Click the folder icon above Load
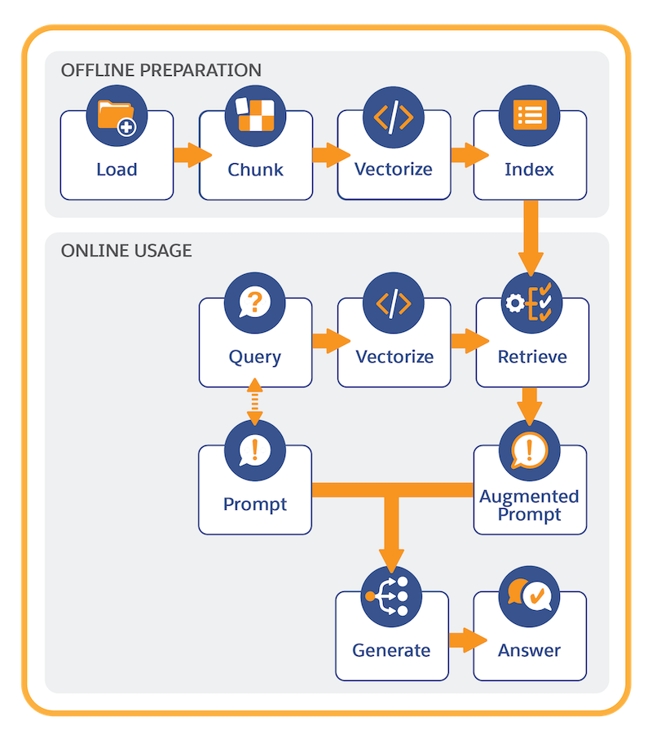pos(117,116)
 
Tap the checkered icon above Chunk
pos(255,116)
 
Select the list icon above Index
pos(529,116)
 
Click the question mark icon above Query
pos(254,303)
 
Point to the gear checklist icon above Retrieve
pos(531,303)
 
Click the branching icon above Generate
pos(391,596)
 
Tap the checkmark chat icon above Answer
pos(529,596)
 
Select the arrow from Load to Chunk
pos(192,155)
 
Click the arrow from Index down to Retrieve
pos(531,238)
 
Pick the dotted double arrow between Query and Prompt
pos(254,401)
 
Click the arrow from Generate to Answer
pos(468,640)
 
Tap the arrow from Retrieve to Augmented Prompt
pos(530,406)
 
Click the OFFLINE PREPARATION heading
pos(161,70)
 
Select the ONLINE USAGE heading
pos(126,250)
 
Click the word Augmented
pos(529,497)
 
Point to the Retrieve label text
pos(532,356)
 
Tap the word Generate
pos(391,650)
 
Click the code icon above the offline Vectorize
pos(394,117)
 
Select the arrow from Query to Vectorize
pos(332,341)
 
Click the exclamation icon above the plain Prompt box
pos(255,450)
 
